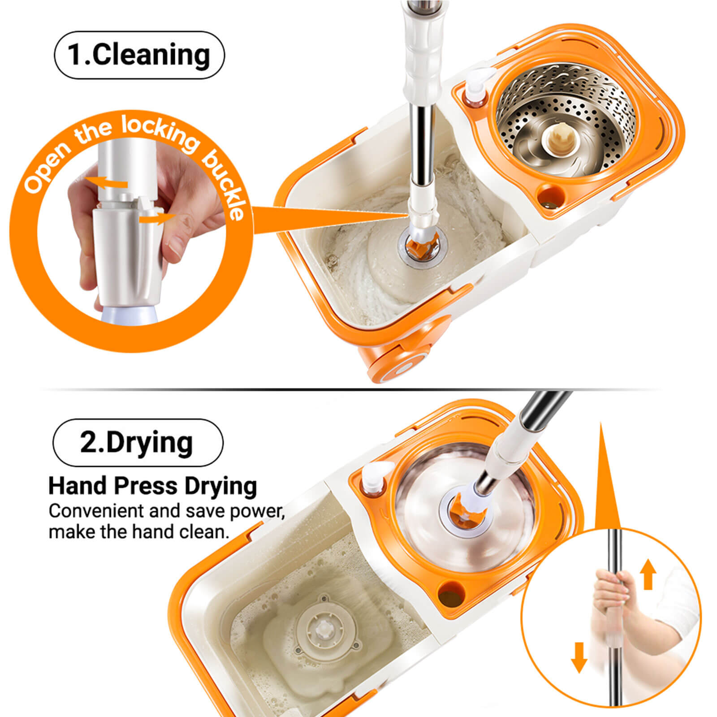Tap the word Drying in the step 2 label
(150, 443)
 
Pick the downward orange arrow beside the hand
(579, 657)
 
